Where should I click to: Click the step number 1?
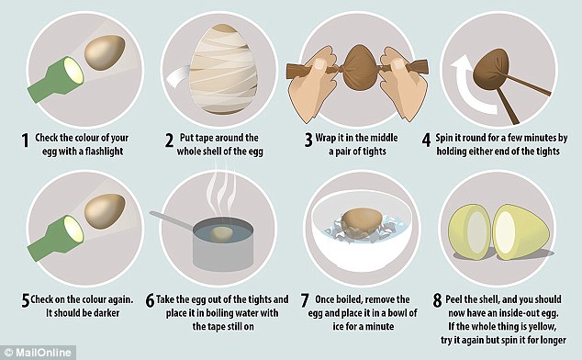(25, 141)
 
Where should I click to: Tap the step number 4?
(427, 141)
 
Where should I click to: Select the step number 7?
(305, 300)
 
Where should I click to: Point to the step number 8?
(438, 300)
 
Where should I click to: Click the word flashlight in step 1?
(104, 152)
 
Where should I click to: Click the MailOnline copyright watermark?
(38, 353)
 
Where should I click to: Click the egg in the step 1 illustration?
(105, 52)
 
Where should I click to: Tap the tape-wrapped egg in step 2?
(223, 69)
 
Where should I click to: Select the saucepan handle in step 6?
(173, 219)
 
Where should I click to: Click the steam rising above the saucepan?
(221, 193)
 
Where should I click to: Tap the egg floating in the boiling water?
(221, 234)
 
